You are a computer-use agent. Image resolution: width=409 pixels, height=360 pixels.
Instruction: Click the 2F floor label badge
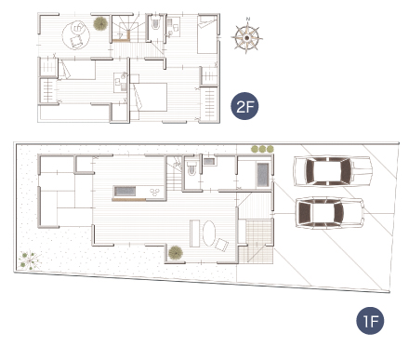pos(244,106)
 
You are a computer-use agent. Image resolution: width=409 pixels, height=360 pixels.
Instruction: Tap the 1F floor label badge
pos(370,321)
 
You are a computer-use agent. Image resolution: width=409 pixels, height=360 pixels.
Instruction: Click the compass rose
pos(246,38)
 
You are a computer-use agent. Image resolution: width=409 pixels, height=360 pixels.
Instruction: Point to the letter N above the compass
pos(248,19)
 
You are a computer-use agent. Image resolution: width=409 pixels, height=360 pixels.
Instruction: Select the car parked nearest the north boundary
pos(333,171)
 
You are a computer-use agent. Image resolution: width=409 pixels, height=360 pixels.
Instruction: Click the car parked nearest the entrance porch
pos(330,213)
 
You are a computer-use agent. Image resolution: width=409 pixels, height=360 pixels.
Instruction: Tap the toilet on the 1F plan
pos(191,168)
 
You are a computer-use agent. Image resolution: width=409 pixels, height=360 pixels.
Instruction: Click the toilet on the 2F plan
pos(155,22)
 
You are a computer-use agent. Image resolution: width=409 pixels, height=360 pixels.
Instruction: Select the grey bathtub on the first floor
pos(263,175)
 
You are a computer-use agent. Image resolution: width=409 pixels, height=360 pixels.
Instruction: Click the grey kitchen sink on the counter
pos(125,192)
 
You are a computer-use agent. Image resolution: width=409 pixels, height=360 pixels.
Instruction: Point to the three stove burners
pos(155,192)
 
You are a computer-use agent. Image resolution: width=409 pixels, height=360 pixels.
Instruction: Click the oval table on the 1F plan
pos(209,233)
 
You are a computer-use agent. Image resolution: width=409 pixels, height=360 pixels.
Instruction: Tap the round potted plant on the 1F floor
pos(176,253)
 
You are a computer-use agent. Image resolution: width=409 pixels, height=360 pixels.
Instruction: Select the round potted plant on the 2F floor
pos(100,23)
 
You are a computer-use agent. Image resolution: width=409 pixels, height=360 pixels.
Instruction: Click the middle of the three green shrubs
pos(262,149)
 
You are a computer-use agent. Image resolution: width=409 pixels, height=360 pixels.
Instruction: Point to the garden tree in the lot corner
pos(30,260)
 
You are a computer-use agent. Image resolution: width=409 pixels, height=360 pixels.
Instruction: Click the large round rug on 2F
pos(76,34)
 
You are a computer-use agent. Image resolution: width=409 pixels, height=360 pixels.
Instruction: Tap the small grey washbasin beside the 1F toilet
pos(209,161)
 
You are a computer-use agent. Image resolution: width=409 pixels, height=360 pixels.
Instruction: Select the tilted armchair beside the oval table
pos(222,245)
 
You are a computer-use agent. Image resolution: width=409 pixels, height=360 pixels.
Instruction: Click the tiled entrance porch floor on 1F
pos(256,241)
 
